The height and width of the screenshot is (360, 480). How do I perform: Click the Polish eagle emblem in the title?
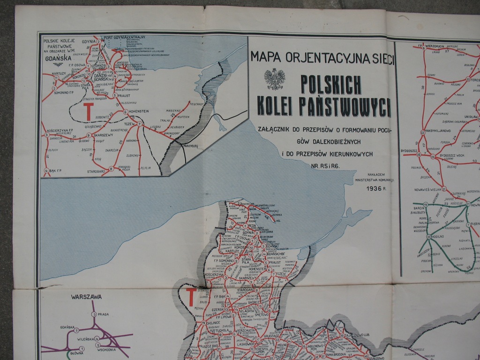(274, 79)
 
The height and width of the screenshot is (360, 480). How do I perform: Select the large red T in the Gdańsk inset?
(88, 111)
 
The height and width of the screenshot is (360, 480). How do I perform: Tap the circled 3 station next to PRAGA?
(94, 315)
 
